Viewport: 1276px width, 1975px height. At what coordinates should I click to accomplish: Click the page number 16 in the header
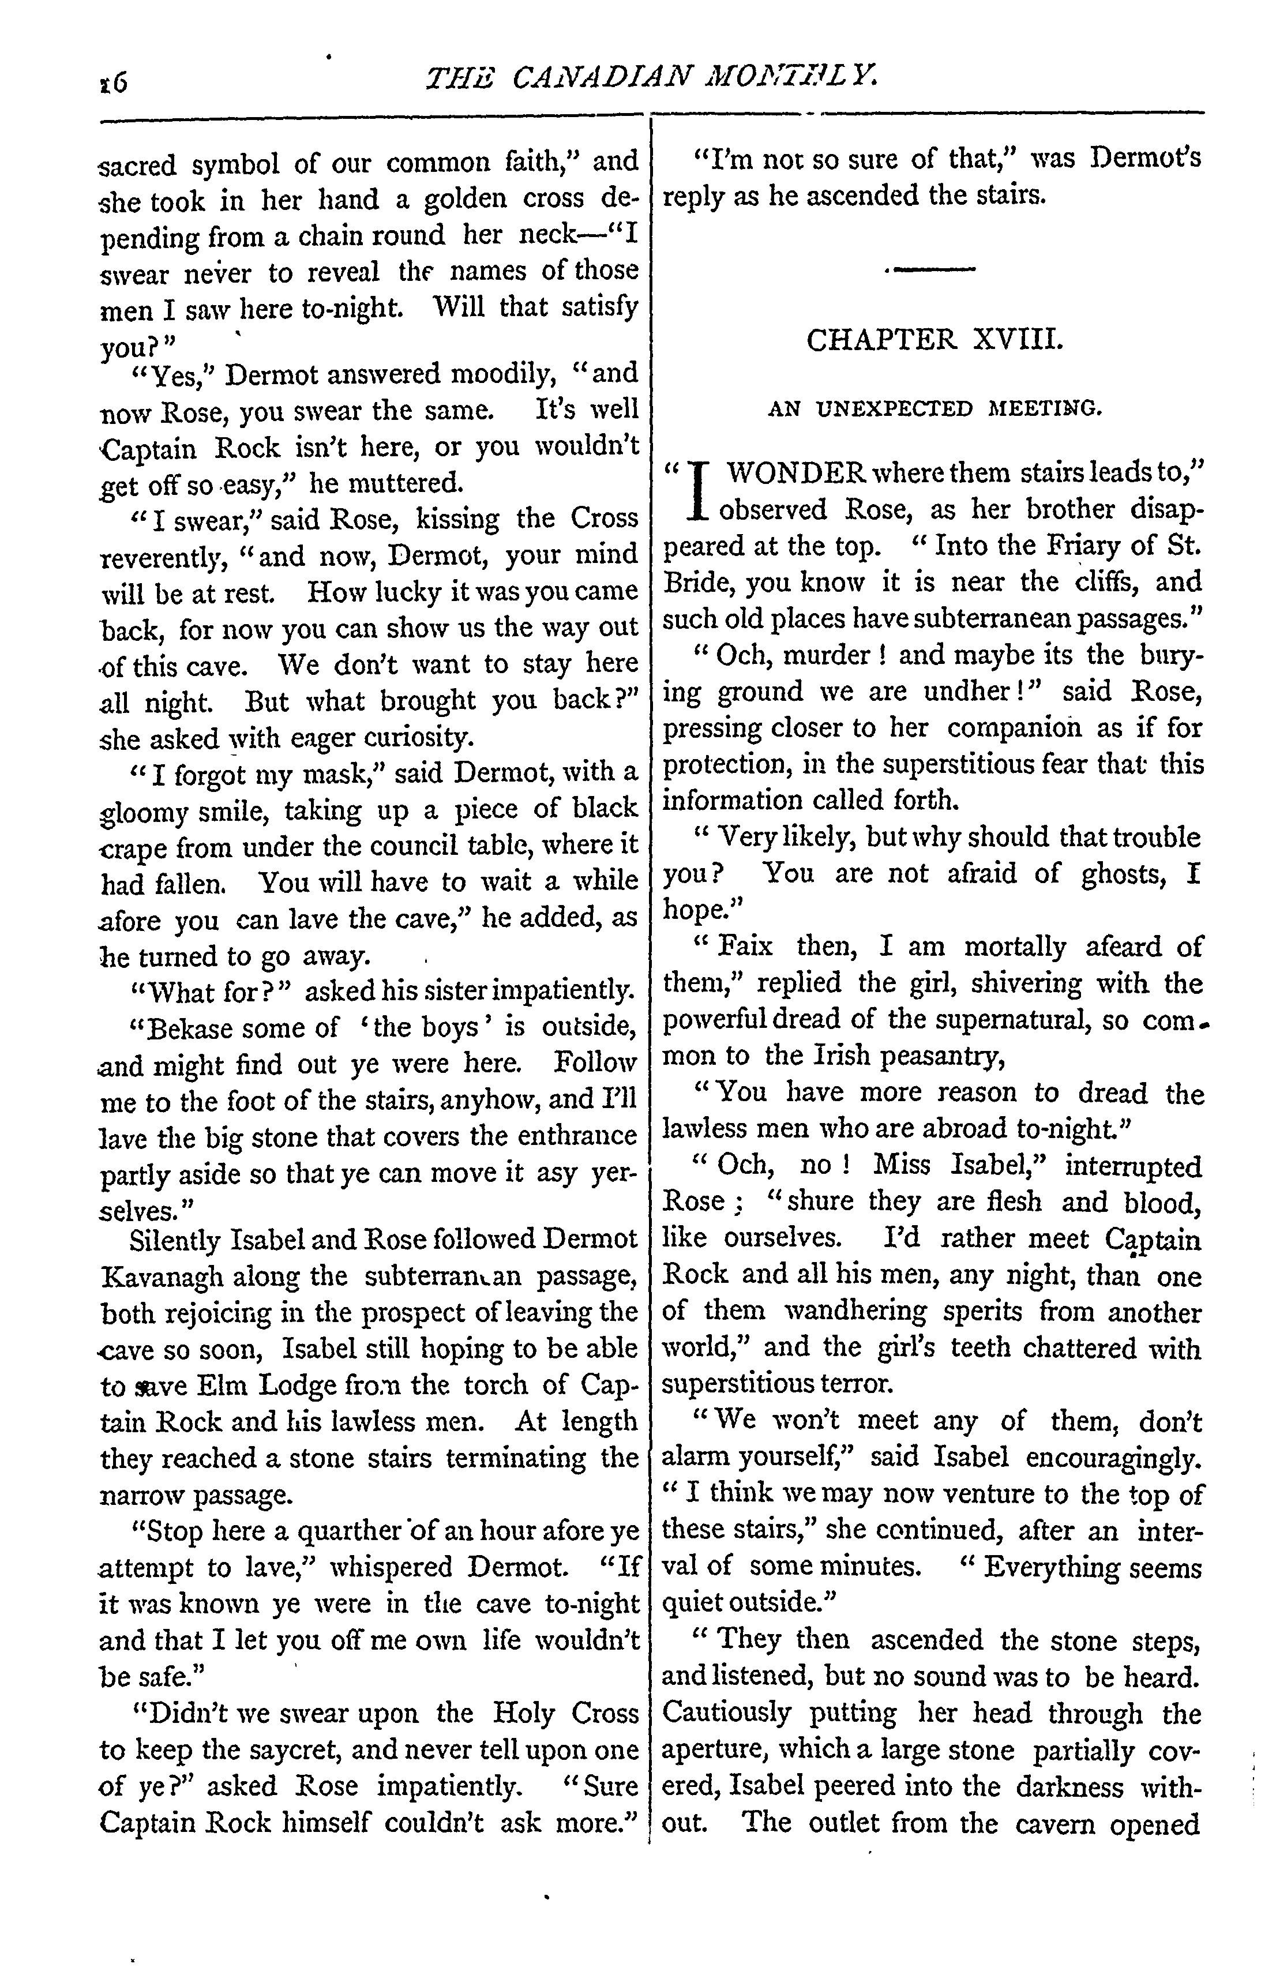(112, 82)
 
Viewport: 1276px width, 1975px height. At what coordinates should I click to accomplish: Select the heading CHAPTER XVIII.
(934, 340)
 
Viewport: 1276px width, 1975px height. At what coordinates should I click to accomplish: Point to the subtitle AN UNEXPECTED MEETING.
(935, 408)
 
